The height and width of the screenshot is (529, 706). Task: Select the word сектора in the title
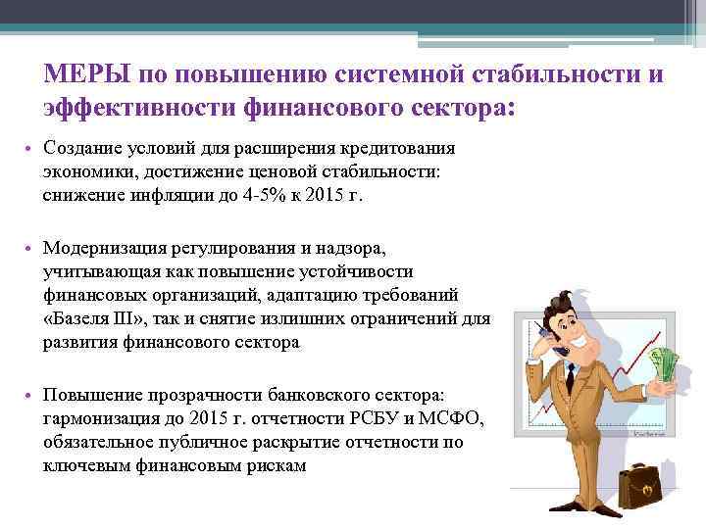pyautogui.click(x=456, y=107)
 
